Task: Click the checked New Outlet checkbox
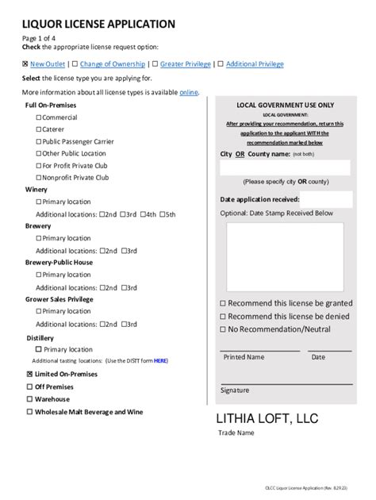click(25, 63)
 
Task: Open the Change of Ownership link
click(112, 63)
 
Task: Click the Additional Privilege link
click(255, 63)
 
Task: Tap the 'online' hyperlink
click(188, 92)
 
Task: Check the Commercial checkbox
click(39, 117)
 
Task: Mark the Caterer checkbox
click(39, 129)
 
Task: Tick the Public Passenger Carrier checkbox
click(39, 141)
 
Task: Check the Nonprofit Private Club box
click(39, 178)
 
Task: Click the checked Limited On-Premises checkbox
click(30, 374)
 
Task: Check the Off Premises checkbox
click(30, 387)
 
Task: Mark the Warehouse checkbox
click(30, 399)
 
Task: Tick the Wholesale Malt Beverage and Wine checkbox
click(30, 412)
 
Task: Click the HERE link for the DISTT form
click(160, 360)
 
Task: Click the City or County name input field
click(284, 167)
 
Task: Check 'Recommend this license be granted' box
click(223, 303)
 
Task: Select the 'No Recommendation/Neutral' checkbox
click(223, 329)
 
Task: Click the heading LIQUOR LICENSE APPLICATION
click(99, 25)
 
